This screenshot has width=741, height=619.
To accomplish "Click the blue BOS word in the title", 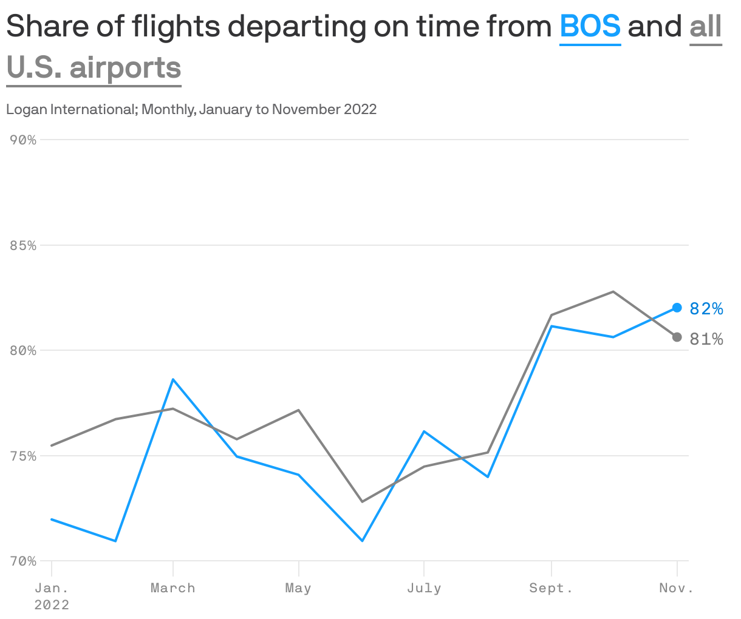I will point(590,27).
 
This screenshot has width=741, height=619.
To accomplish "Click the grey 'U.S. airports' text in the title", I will point(94,67).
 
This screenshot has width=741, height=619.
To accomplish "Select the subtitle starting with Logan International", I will point(191,109).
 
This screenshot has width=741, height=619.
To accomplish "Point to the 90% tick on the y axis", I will point(23,140).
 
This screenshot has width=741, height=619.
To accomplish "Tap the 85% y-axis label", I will point(23,246).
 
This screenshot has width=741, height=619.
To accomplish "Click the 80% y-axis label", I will point(23,351).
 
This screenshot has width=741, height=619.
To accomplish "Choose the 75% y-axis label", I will point(23,456).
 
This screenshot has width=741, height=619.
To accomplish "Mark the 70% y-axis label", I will point(23,561).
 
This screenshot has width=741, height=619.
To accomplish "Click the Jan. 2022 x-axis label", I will point(52,596).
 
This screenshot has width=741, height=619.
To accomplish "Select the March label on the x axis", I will point(173,588).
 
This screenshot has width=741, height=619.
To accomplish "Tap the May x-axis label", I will point(298,588).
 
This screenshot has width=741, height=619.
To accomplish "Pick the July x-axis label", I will point(424,588).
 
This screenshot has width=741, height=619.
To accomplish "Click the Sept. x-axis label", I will point(551,588).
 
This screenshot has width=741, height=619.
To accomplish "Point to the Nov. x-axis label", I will point(676,588).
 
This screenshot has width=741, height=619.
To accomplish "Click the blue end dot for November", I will point(677,308).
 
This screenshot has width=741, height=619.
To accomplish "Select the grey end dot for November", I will point(677,337).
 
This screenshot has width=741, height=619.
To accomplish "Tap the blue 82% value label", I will point(706,309).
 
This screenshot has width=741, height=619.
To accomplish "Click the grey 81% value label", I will point(706,339).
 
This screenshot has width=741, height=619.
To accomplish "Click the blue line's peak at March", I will point(173,379).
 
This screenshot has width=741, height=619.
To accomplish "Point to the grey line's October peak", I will point(613,292).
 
